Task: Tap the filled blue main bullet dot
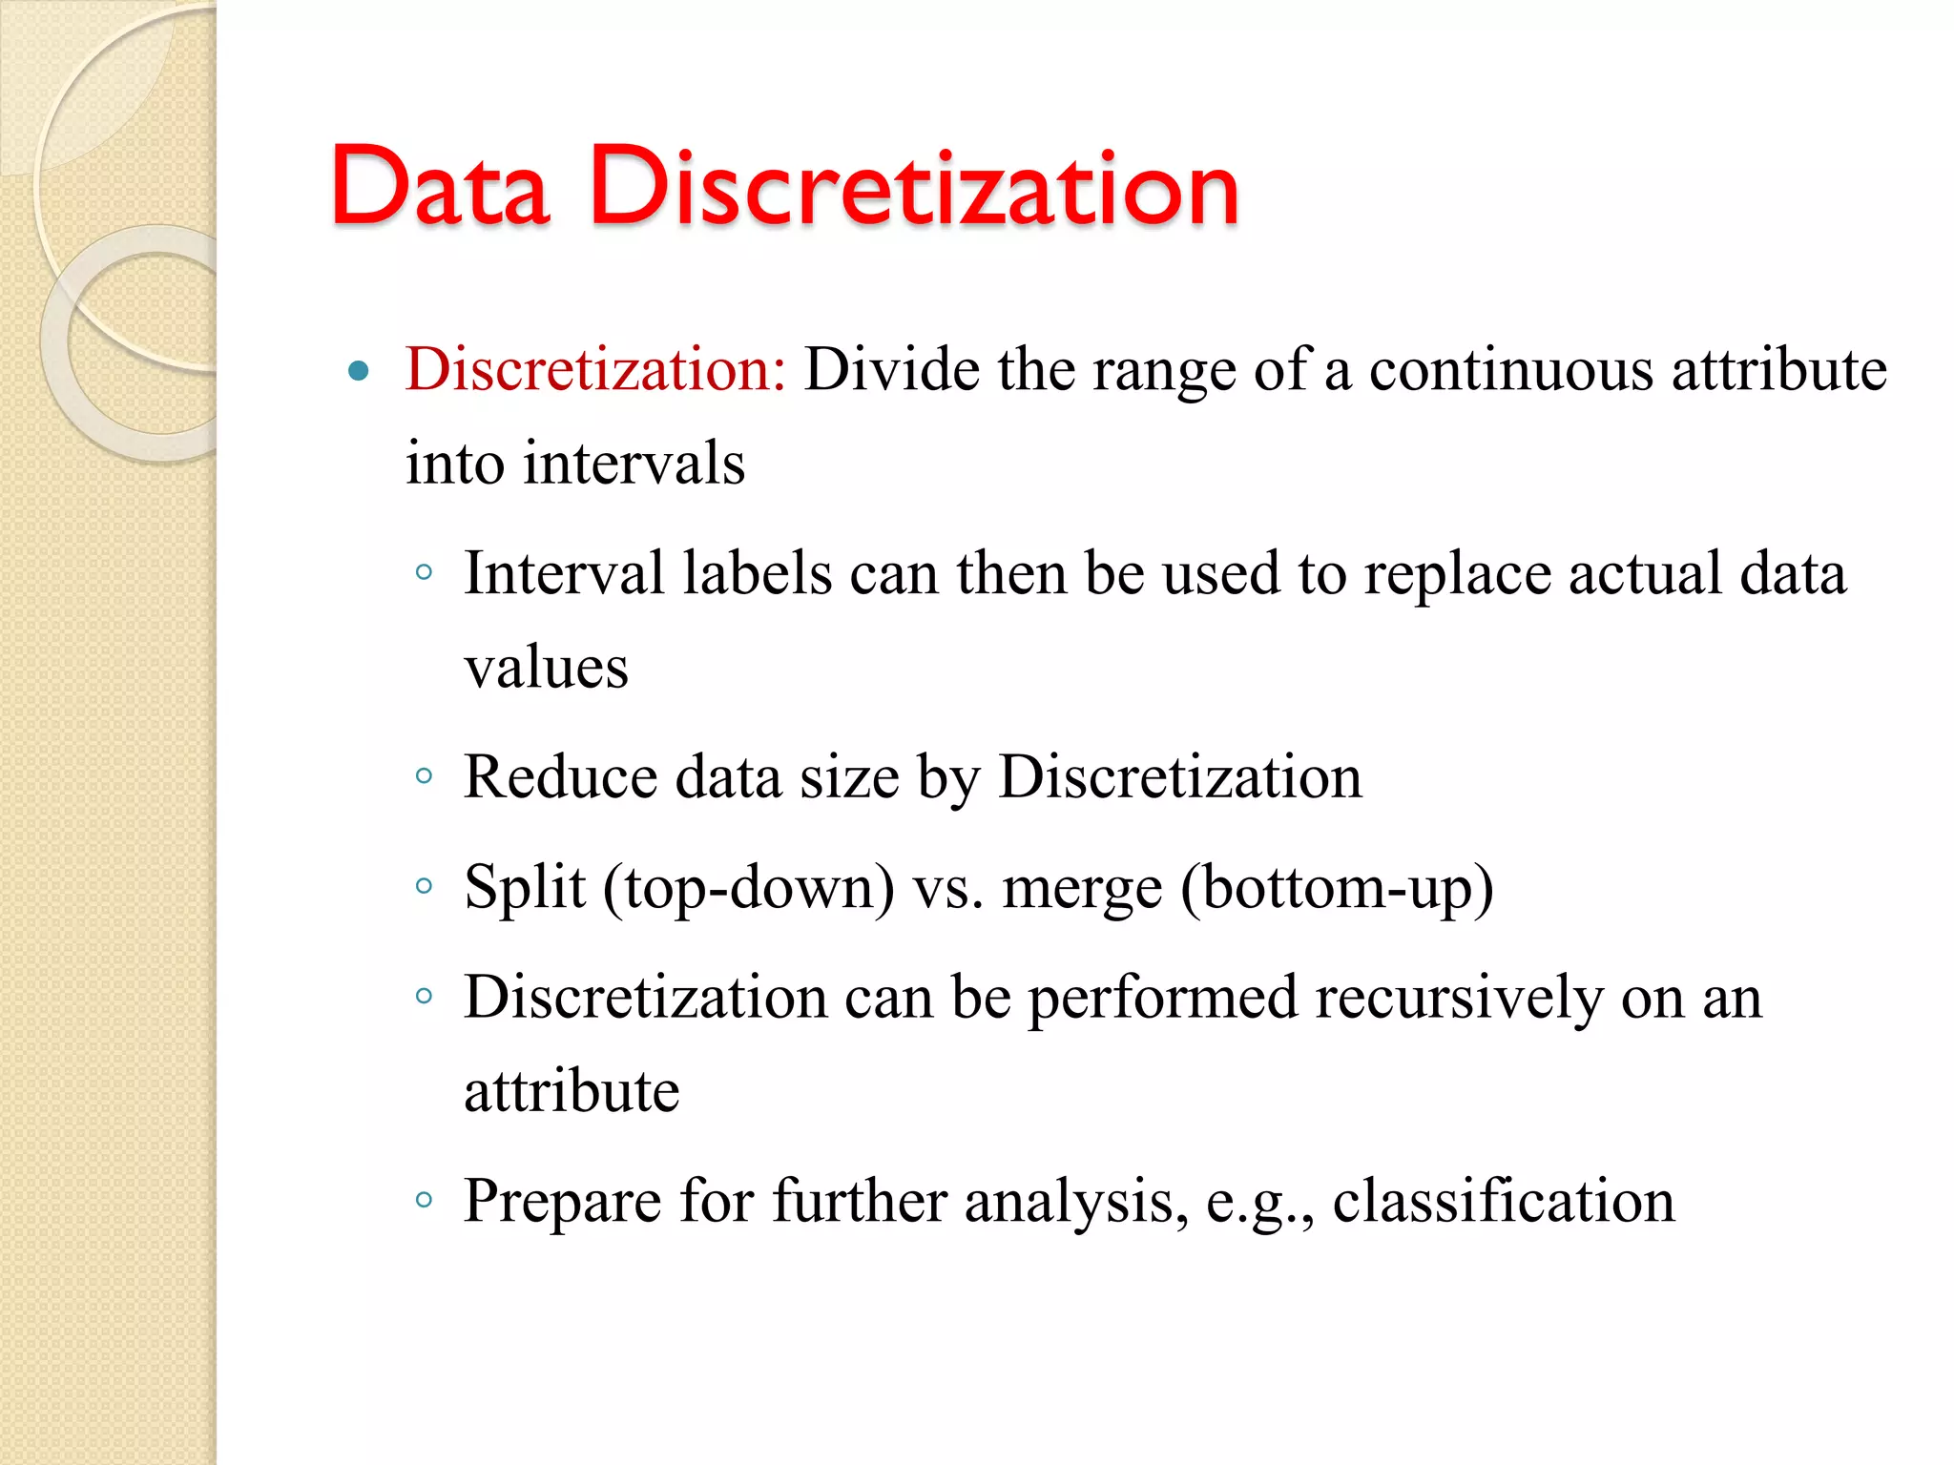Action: point(359,371)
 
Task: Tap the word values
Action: point(547,667)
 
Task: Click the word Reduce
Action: point(560,776)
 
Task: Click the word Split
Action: point(524,888)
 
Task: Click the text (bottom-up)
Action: point(1337,888)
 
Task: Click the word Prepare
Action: point(563,1202)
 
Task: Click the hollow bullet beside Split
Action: point(425,886)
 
